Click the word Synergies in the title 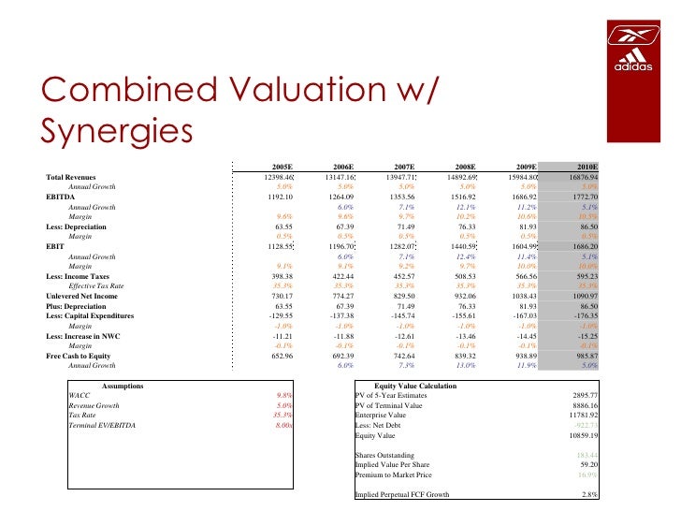[x=116, y=128]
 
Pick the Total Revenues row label [x=76, y=176]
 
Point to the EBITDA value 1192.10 [x=280, y=197]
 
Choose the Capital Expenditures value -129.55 [x=279, y=316]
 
